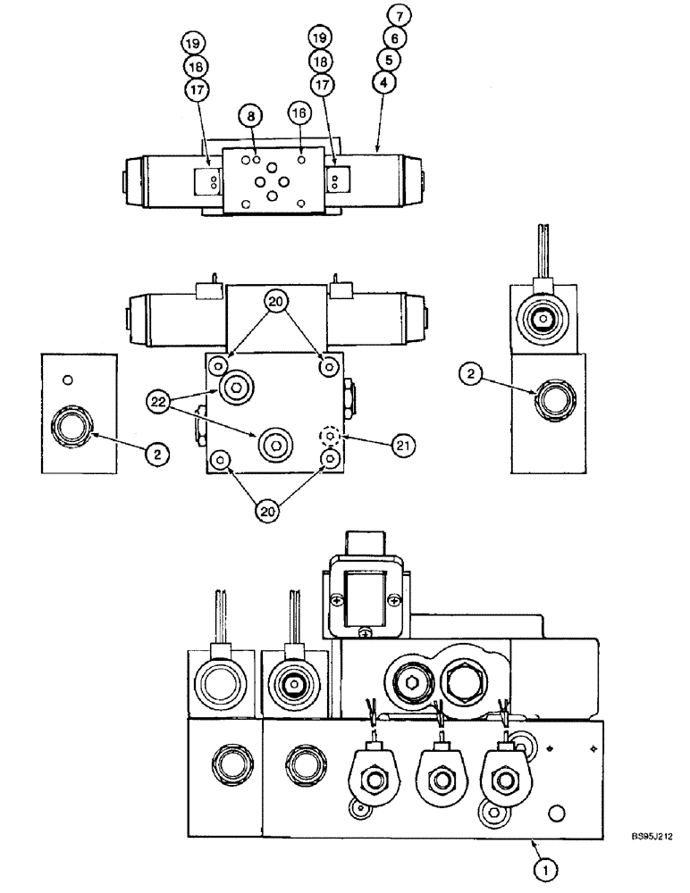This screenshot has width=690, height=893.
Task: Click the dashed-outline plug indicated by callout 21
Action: coord(331,437)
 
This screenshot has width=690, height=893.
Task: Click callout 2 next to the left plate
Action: coord(157,454)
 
